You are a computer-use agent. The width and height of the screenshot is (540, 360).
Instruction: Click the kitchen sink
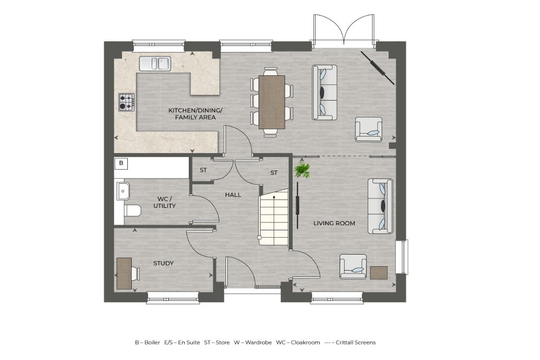click(x=155, y=63)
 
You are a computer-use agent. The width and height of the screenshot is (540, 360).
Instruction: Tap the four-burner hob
click(x=126, y=102)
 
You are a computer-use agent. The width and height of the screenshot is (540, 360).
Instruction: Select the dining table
click(x=272, y=102)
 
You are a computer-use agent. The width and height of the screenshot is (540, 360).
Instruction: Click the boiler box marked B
click(x=121, y=163)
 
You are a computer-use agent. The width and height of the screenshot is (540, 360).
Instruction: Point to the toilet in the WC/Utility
click(x=132, y=210)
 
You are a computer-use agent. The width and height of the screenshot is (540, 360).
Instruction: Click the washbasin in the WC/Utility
click(x=122, y=191)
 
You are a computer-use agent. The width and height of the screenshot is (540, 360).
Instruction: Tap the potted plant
click(x=302, y=170)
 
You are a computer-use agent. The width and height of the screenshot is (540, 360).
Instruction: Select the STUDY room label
click(x=163, y=263)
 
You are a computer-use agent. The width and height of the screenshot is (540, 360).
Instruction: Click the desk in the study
click(x=124, y=274)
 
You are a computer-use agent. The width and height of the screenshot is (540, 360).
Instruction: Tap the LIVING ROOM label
click(x=334, y=223)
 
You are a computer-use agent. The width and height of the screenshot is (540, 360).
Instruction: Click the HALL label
click(x=233, y=195)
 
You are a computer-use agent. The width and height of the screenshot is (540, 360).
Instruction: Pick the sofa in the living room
click(x=381, y=206)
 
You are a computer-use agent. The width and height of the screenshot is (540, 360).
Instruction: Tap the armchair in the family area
click(x=368, y=129)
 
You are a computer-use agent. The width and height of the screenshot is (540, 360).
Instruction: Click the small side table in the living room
click(x=379, y=273)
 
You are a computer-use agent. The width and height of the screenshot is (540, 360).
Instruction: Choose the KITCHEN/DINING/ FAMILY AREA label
click(x=192, y=114)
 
